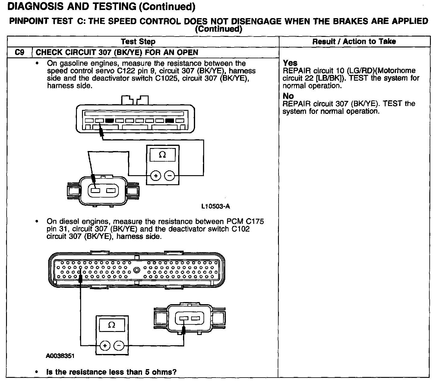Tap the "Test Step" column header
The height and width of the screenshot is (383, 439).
click(138, 42)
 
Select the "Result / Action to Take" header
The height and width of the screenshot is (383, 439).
click(354, 42)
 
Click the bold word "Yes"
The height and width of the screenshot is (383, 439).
click(290, 63)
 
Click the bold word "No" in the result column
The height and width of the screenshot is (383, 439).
click(288, 96)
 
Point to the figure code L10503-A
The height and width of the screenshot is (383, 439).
click(215, 206)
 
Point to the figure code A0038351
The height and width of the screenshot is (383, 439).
click(60, 356)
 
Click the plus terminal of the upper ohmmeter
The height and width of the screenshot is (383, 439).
click(156, 175)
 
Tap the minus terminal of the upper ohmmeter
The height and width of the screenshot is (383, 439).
click(170, 175)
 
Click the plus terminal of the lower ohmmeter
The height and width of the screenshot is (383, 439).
click(105, 346)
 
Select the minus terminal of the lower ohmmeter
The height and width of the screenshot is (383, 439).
click(119, 346)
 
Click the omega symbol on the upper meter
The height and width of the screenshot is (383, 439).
click(162, 155)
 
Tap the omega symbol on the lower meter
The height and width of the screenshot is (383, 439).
click(112, 325)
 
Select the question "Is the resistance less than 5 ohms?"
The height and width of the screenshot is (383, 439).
click(111, 372)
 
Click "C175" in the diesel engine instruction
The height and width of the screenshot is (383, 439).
click(254, 222)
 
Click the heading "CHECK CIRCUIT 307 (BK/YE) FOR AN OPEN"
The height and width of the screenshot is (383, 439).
click(117, 53)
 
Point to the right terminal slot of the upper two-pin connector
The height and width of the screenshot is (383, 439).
click(111, 191)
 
